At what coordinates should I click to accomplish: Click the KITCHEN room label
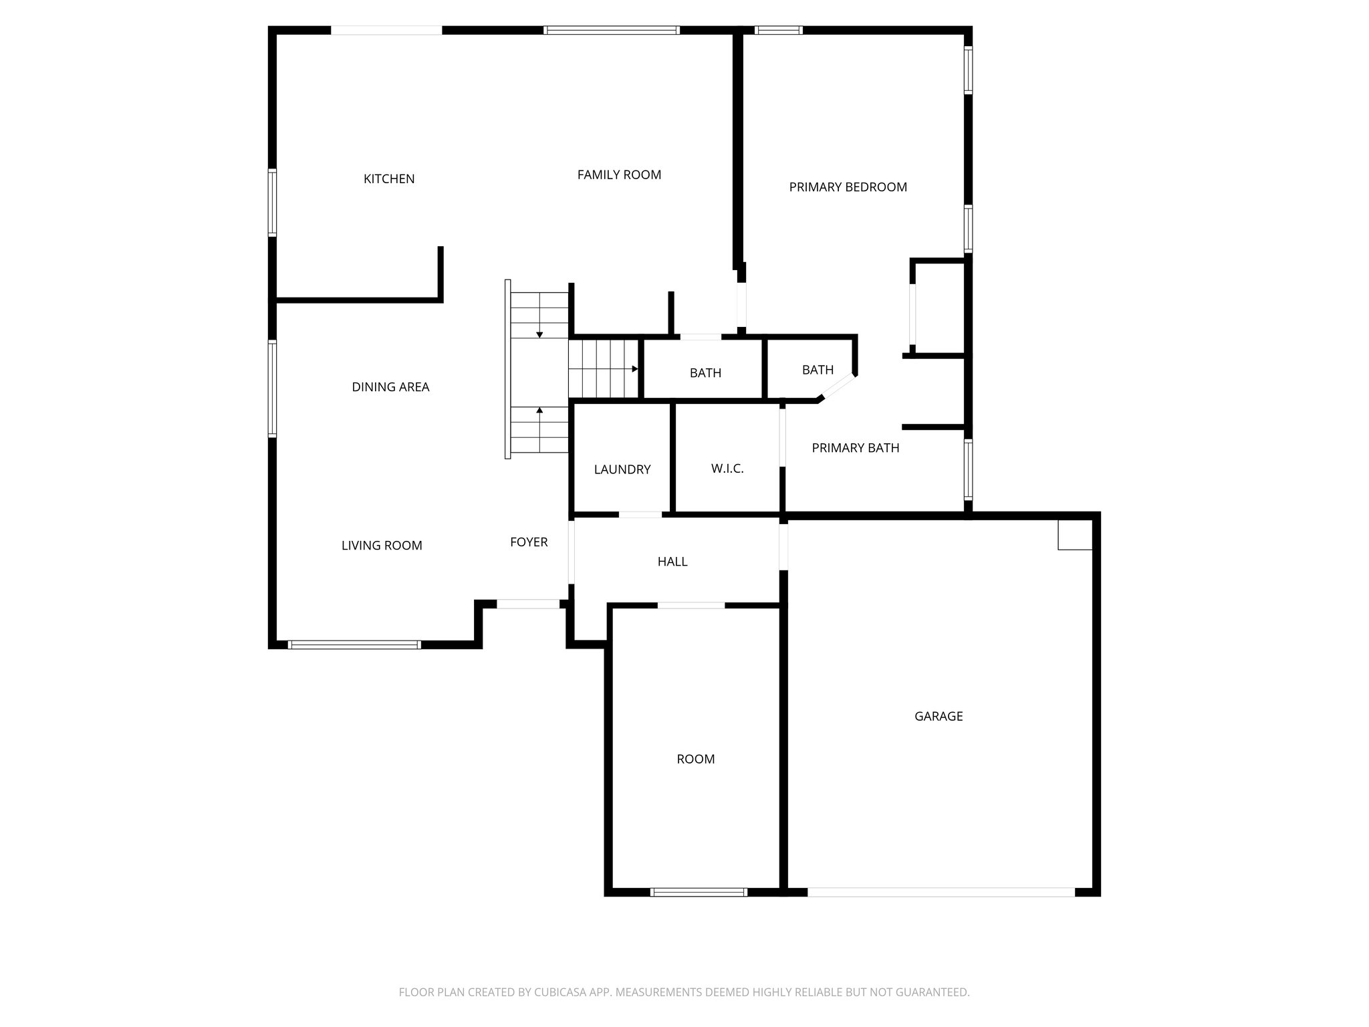[x=389, y=179]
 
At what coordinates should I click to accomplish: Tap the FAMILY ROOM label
[x=619, y=175]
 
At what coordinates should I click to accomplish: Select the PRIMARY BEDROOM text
[x=848, y=187]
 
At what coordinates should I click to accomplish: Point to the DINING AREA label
[x=390, y=387]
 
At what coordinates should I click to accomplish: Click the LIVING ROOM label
[x=382, y=546]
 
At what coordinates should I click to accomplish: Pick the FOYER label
[x=529, y=542]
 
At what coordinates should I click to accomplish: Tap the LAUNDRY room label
[x=622, y=469]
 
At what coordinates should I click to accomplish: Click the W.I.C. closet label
[x=727, y=469]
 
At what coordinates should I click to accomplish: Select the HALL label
[x=672, y=562]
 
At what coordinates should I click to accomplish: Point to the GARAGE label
[x=939, y=716]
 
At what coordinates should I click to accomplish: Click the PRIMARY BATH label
[x=856, y=448]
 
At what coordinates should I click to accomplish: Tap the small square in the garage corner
[x=1075, y=535]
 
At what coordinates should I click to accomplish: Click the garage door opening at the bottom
[x=941, y=892]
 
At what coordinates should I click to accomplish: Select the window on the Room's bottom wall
[x=699, y=892]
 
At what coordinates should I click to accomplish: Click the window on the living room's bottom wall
[x=354, y=645]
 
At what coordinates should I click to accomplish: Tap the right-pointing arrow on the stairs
[x=634, y=369]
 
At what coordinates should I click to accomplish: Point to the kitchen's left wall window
[x=273, y=203]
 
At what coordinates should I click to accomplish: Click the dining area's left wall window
[x=273, y=388]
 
